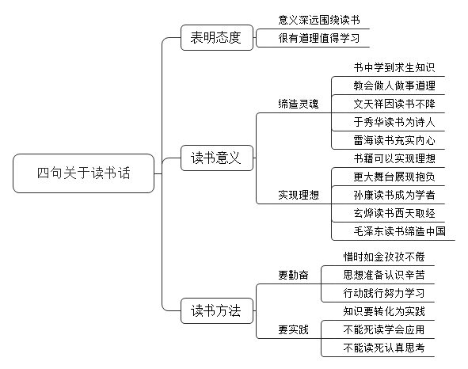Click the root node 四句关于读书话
coord(84,173)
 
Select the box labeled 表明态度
coord(217,38)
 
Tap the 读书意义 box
coord(217,158)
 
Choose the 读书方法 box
coord(217,310)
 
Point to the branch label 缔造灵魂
coord(299,104)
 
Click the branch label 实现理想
coord(299,195)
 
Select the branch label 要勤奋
coord(294,275)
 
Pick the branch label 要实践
coord(294,329)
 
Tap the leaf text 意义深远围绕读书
coord(319,20)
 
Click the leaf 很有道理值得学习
coord(319,38)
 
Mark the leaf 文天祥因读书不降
coord(394,104)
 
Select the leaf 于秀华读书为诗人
coord(394,122)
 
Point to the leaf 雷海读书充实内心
coord(394,140)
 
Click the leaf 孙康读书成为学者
coord(394,195)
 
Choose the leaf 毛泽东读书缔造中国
coord(400,231)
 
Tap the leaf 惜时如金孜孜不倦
coord(384,257)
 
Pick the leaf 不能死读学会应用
coord(384,329)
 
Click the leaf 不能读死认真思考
coord(384,348)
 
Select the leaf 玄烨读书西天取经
coord(394,213)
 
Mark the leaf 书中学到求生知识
coord(394,67)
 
